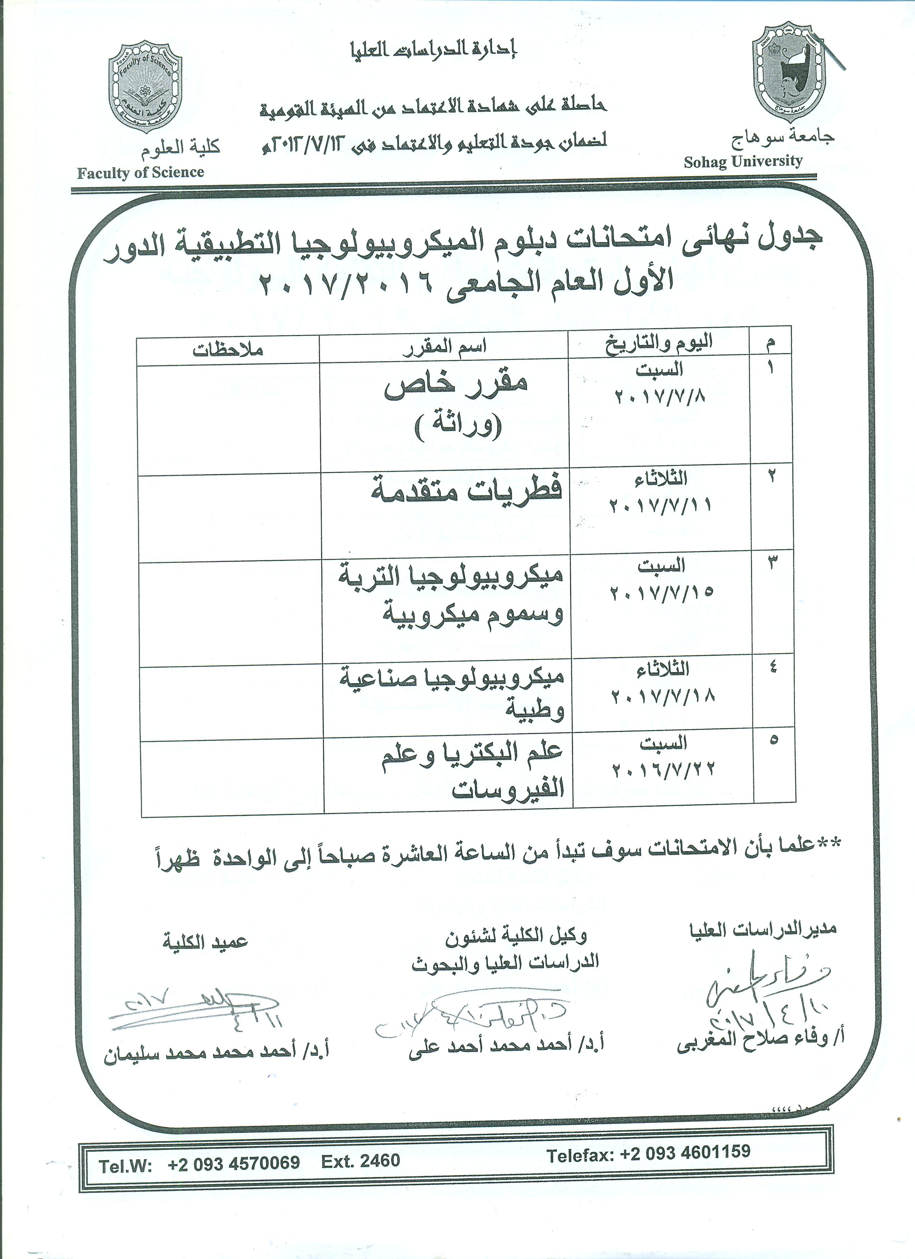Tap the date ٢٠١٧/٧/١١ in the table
[x=660, y=506]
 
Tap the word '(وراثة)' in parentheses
[x=458, y=428]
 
